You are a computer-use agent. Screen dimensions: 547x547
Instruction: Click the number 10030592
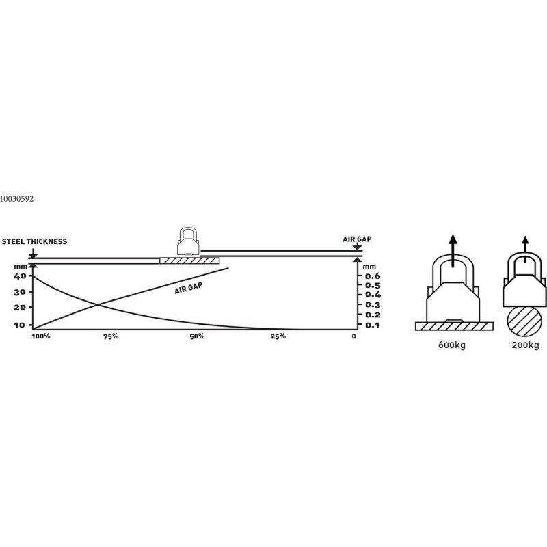pos(16,199)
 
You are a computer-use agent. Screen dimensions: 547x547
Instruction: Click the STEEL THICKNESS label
pos(34,241)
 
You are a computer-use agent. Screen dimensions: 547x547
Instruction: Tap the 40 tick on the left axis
pos(20,276)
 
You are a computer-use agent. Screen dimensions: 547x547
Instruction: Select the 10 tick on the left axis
pos(20,325)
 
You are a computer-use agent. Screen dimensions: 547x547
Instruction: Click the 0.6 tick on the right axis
pos(373,276)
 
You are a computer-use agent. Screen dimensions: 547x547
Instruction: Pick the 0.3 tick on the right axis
pos(373,305)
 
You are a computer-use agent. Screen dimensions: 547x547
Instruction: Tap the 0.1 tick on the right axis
pos(373,325)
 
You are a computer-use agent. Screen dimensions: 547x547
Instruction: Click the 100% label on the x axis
pos(41,336)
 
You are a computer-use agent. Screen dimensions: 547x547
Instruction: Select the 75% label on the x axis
pos(111,336)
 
